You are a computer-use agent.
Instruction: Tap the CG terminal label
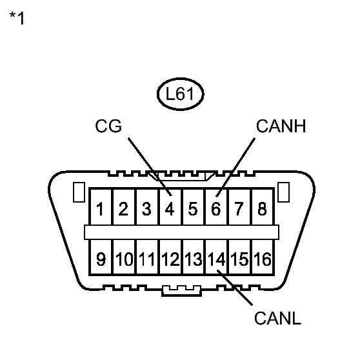pos(108,126)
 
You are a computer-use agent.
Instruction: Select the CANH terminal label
pos(281,126)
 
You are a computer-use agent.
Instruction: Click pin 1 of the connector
pos(101,208)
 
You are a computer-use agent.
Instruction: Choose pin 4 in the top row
pos(170,208)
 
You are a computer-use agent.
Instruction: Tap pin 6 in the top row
pos(215,208)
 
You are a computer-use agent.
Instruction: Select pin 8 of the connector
pos(261,208)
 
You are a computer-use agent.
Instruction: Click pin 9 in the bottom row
pos(101,260)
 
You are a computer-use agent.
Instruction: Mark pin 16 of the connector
pos(261,260)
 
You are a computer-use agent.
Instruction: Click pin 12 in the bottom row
pos(170,260)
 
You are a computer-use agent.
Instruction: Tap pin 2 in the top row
pos(124,208)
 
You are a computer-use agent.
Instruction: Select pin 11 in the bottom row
pos(146,260)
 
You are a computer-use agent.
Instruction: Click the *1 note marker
pos(17,19)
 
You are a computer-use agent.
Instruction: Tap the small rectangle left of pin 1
pos(79,192)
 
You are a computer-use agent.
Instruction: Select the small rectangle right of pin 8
pos(283,192)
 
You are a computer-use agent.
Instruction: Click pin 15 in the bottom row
pos(239,260)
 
